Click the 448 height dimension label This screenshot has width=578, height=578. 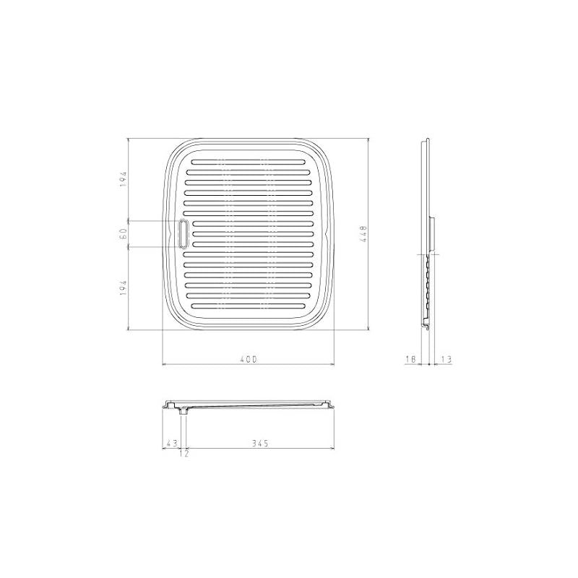[364, 234]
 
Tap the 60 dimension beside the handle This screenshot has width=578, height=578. [124, 234]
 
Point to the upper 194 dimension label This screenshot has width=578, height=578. [124, 178]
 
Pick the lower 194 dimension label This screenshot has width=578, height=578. [124, 288]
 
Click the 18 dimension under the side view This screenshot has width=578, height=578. [410, 358]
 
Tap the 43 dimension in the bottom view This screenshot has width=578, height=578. [172, 443]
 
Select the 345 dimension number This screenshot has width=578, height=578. [260, 443]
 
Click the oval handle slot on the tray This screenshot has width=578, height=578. [182, 234]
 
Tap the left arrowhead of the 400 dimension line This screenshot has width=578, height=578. [163, 364]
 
